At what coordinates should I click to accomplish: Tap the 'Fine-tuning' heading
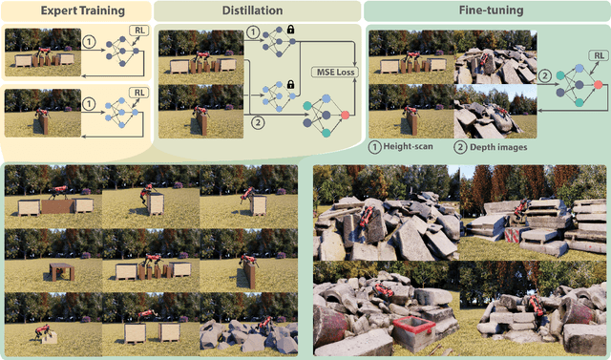484,11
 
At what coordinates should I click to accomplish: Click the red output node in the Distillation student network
343,116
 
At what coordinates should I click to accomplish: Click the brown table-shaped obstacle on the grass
62,270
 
